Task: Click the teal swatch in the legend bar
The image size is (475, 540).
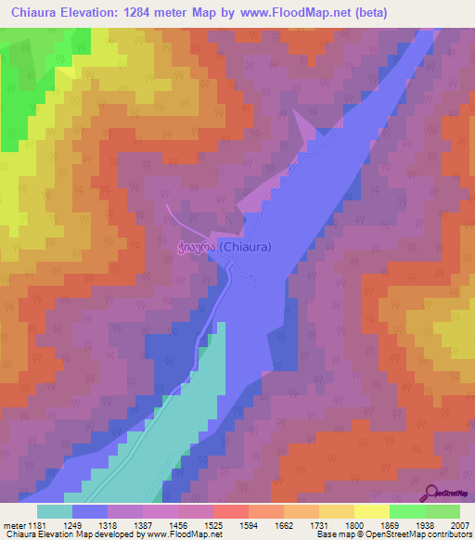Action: tap(55, 511)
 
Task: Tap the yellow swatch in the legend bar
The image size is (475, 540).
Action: tap(371, 511)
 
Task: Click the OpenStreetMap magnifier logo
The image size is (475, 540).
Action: tap(433, 493)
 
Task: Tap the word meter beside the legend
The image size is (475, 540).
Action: tap(12, 523)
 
